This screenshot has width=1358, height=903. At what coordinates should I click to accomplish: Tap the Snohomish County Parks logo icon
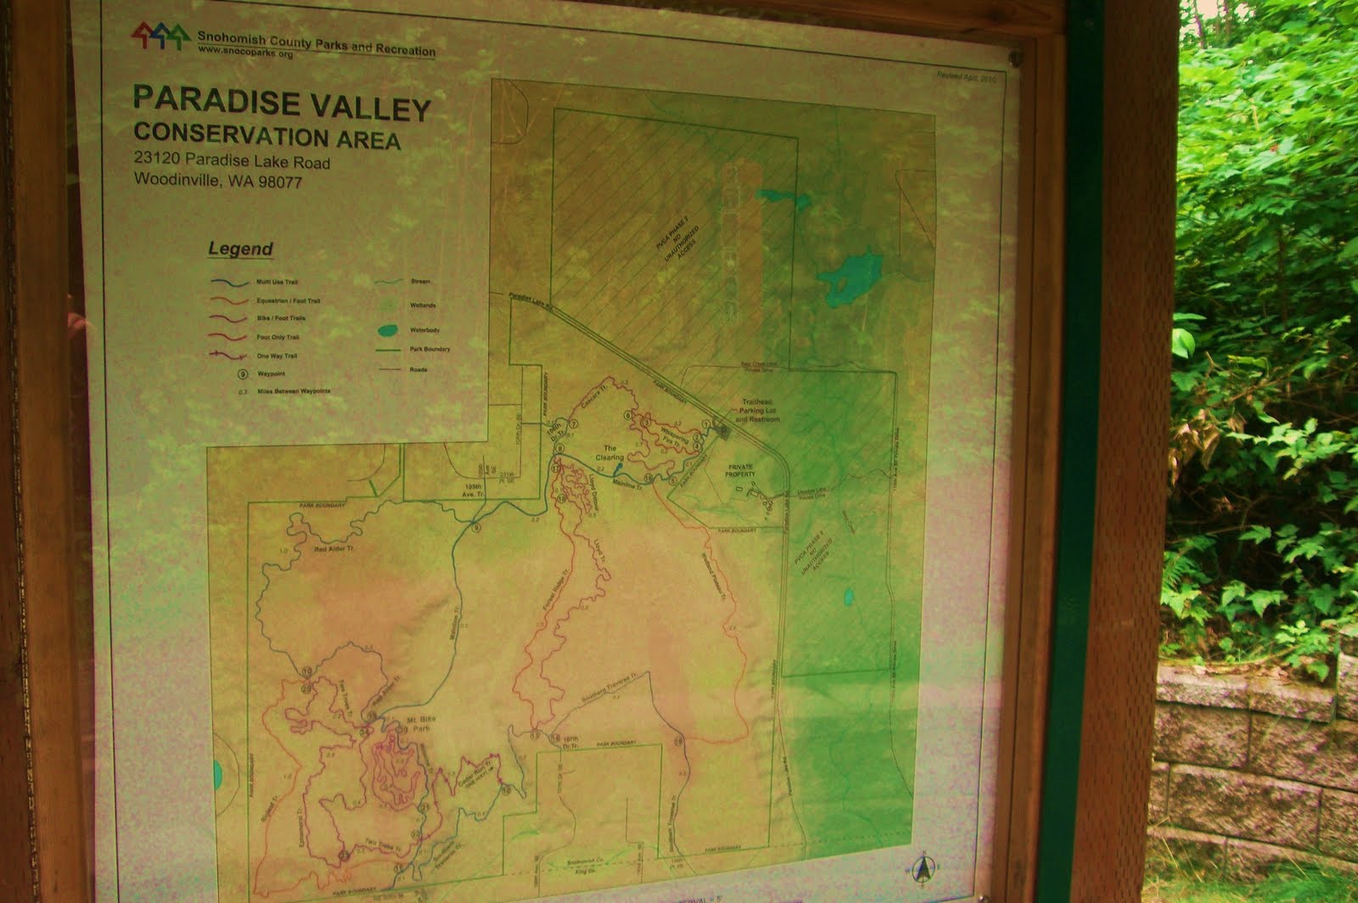(x=160, y=36)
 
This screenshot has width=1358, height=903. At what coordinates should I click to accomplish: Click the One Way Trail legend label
(x=278, y=356)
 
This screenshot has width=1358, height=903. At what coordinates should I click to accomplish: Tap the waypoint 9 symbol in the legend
(x=243, y=373)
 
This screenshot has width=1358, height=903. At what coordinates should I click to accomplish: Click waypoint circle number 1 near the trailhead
(x=705, y=423)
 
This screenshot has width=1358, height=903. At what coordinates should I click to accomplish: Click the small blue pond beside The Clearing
(x=617, y=468)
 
